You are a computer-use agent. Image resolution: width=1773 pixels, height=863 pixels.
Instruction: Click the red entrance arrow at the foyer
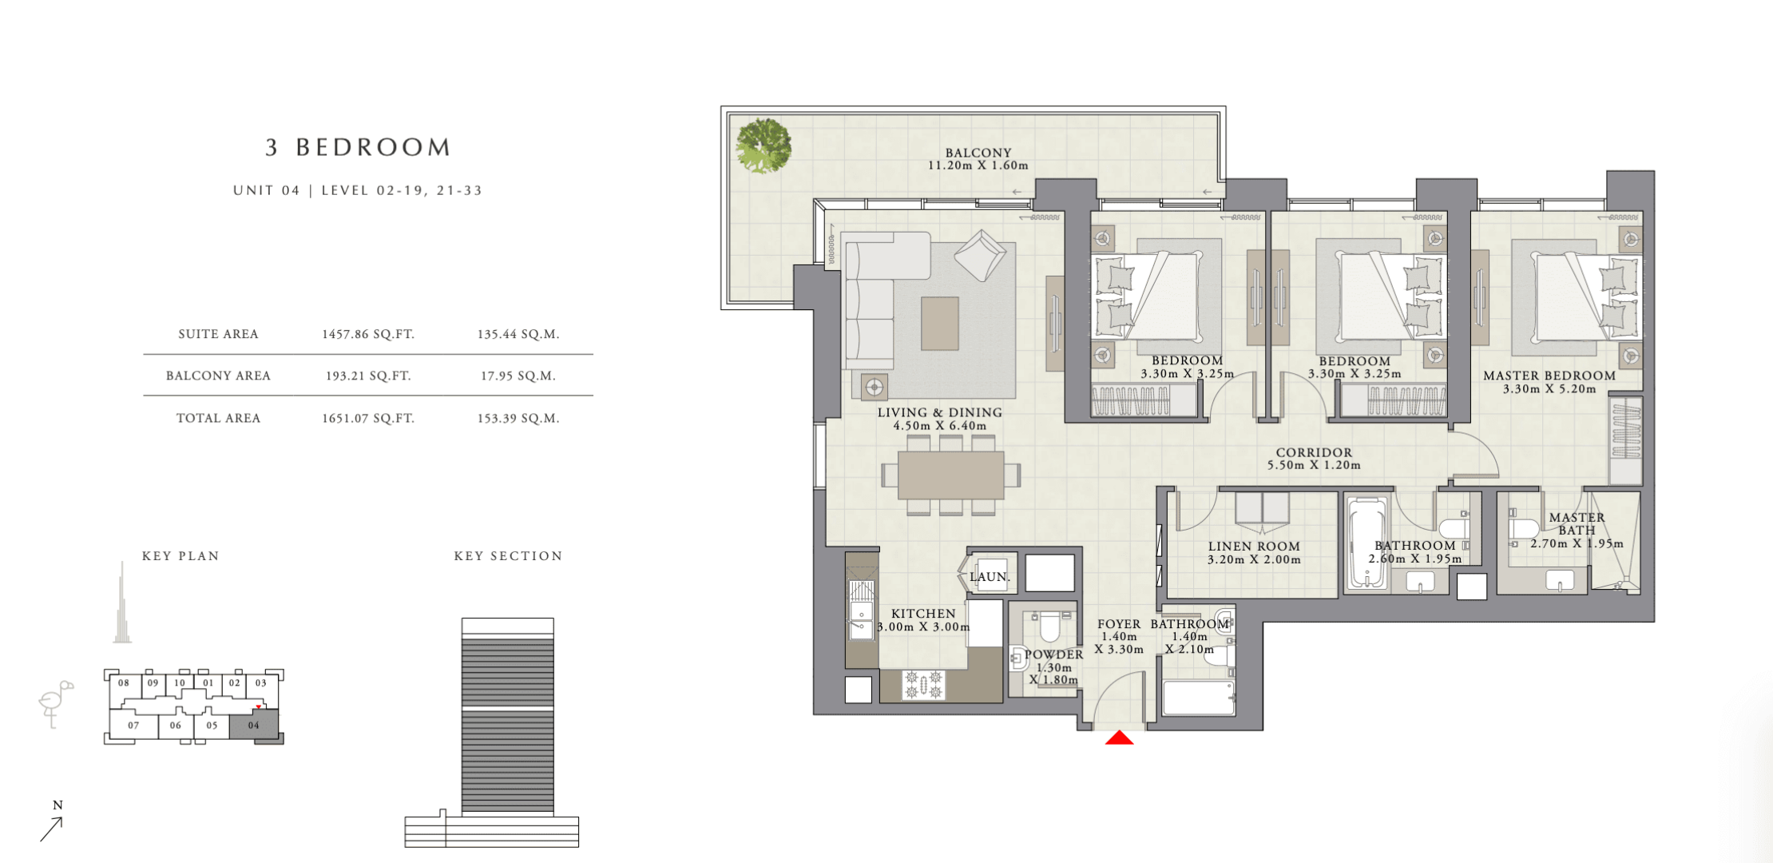(1119, 738)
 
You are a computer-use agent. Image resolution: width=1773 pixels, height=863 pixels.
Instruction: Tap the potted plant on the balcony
(764, 146)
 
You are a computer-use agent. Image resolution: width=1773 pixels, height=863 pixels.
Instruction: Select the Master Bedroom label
(1549, 376)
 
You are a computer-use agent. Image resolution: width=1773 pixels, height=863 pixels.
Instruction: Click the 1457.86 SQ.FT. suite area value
(368, 334)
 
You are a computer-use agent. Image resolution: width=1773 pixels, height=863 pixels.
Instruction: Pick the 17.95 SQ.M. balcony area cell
(518, 376)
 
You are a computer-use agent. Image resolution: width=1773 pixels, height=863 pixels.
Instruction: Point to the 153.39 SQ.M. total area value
(518, 418)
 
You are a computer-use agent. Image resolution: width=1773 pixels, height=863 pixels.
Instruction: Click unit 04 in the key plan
(254, 726)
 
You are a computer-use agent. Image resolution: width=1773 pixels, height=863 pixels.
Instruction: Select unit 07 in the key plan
(133, 726)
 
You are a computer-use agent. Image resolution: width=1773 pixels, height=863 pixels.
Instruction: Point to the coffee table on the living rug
(940, 323)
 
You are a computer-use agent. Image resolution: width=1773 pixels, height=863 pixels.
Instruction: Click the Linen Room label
(1254, 547)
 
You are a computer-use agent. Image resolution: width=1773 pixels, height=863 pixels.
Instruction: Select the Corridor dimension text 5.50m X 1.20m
(1314, 465)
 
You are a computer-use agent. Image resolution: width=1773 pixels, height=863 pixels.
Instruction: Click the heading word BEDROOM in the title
(374, 147)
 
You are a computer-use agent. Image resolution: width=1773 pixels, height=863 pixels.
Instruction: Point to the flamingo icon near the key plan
(55, 704)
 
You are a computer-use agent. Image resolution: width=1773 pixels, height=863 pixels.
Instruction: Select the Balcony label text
(978, 153)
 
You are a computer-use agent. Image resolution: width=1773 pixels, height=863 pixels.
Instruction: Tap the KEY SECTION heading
(508, 556)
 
